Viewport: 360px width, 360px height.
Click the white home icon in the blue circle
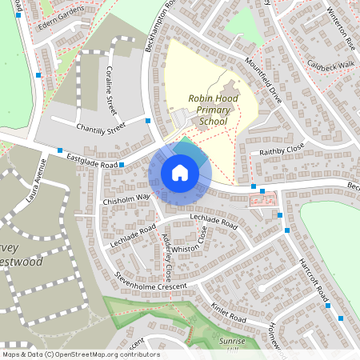pos(180,173)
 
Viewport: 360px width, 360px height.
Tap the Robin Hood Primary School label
pos(208,110)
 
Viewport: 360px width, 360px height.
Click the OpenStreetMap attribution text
pos(80,354)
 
